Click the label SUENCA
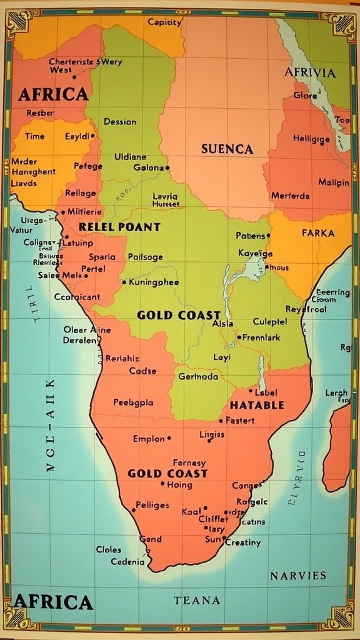tap(227, 149)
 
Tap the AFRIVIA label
tap(310, 72)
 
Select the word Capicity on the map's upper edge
tap(165, 22)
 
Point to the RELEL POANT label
tap(119, 227)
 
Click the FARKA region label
tap(318, 233)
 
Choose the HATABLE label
tap(257, 405)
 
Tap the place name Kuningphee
tap(154, 282)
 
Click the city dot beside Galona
tap(168, 167)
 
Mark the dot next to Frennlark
tap(239, 337)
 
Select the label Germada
tap(198, 377)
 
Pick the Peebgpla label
tap(133, 402)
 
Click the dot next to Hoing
tap(162, 484)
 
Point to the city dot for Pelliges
tap(133, 510)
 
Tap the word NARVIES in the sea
tap(298, 576)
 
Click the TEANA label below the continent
tap(197, 601)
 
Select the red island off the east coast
tap(338, 447)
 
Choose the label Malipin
tap(334, 182)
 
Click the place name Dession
tap(120, 122)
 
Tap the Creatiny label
tap(243, 542)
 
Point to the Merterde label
tap(290, 196)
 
